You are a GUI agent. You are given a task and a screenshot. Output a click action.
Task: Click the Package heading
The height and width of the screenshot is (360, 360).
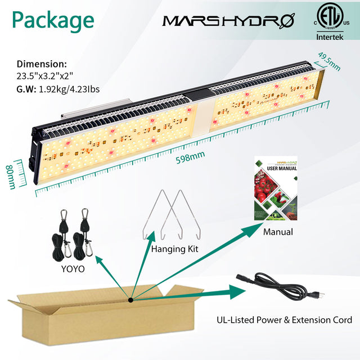tap(53, 20)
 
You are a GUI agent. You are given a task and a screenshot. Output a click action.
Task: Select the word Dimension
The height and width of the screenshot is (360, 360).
tap(42, 64)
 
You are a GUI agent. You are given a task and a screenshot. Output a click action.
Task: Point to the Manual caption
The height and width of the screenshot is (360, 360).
tap(278, 232)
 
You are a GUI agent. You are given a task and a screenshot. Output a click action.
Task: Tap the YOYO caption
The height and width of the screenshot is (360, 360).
tap(72, 269)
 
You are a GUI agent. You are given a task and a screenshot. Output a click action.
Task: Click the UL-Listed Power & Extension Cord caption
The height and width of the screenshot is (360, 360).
tap(285, 320)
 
